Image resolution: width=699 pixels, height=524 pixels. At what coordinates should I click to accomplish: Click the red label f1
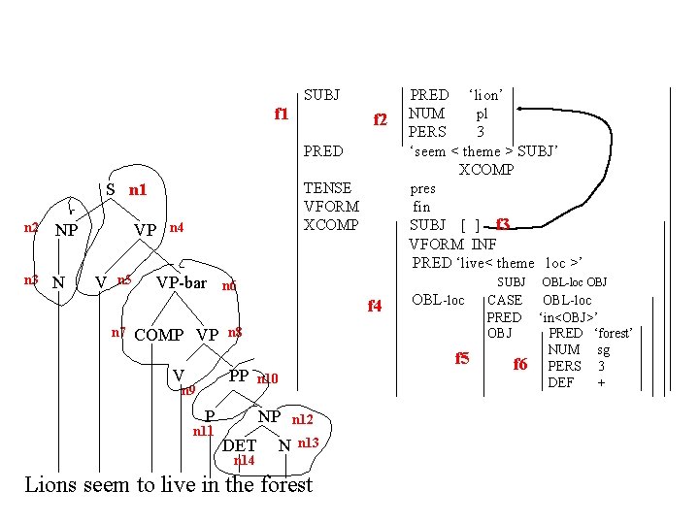click(282, 114)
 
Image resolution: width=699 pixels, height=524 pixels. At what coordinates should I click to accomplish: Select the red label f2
click(382, 120)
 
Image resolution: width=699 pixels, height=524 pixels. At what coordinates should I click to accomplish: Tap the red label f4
click(375, 307)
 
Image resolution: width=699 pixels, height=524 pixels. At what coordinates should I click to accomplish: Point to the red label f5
click(462, 358)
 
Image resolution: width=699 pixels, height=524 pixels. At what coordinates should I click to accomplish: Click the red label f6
click(519, 364)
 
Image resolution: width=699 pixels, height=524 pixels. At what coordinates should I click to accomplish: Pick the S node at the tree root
click(111, 190)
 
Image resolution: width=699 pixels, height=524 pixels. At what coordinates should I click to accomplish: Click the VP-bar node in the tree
click(182, 283)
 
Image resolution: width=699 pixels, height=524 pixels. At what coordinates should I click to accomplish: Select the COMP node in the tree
click(158, 335)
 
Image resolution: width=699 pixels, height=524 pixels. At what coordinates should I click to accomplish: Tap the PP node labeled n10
click(238, 376)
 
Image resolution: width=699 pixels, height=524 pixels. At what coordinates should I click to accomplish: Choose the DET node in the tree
click(240, 445)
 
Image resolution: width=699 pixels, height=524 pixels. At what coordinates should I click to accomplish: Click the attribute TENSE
click(327, 188)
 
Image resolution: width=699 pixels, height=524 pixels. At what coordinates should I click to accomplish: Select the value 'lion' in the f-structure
click(484, 95)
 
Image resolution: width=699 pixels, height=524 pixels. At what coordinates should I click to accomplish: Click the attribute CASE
click(504, 300)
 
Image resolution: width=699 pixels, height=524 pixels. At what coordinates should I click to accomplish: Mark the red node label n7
click(117, 332)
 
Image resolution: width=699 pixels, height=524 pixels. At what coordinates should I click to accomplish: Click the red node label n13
click(308, 442)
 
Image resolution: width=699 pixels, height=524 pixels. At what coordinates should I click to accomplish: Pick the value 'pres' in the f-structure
click(423, 188)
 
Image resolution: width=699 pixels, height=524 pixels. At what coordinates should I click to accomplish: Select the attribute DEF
click(561, 382)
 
